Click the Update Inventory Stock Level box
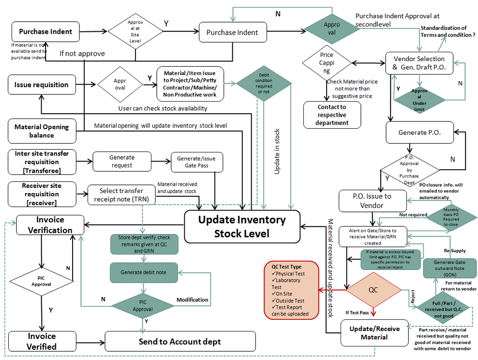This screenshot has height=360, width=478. pos(242,226)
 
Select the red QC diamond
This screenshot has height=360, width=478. pos(373,290)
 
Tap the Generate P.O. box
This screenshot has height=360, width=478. pos(419,132)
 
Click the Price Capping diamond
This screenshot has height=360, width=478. pos(327,63)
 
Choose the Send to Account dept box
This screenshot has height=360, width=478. pos(180,342)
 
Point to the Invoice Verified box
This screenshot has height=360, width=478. pos(42,341)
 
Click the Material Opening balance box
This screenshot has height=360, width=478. pos(42,131)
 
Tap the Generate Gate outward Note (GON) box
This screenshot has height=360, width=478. pos(449,268)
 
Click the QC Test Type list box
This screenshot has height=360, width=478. pos(292,290)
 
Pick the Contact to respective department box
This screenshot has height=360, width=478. pos(332,115)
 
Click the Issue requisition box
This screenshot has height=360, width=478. pos(42,85)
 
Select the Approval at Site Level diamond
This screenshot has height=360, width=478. pos(135,32)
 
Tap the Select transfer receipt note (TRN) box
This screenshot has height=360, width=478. pos(121,195)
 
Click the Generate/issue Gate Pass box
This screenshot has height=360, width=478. pos(196,163)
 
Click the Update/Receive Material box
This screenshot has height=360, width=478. pos(373,332)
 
